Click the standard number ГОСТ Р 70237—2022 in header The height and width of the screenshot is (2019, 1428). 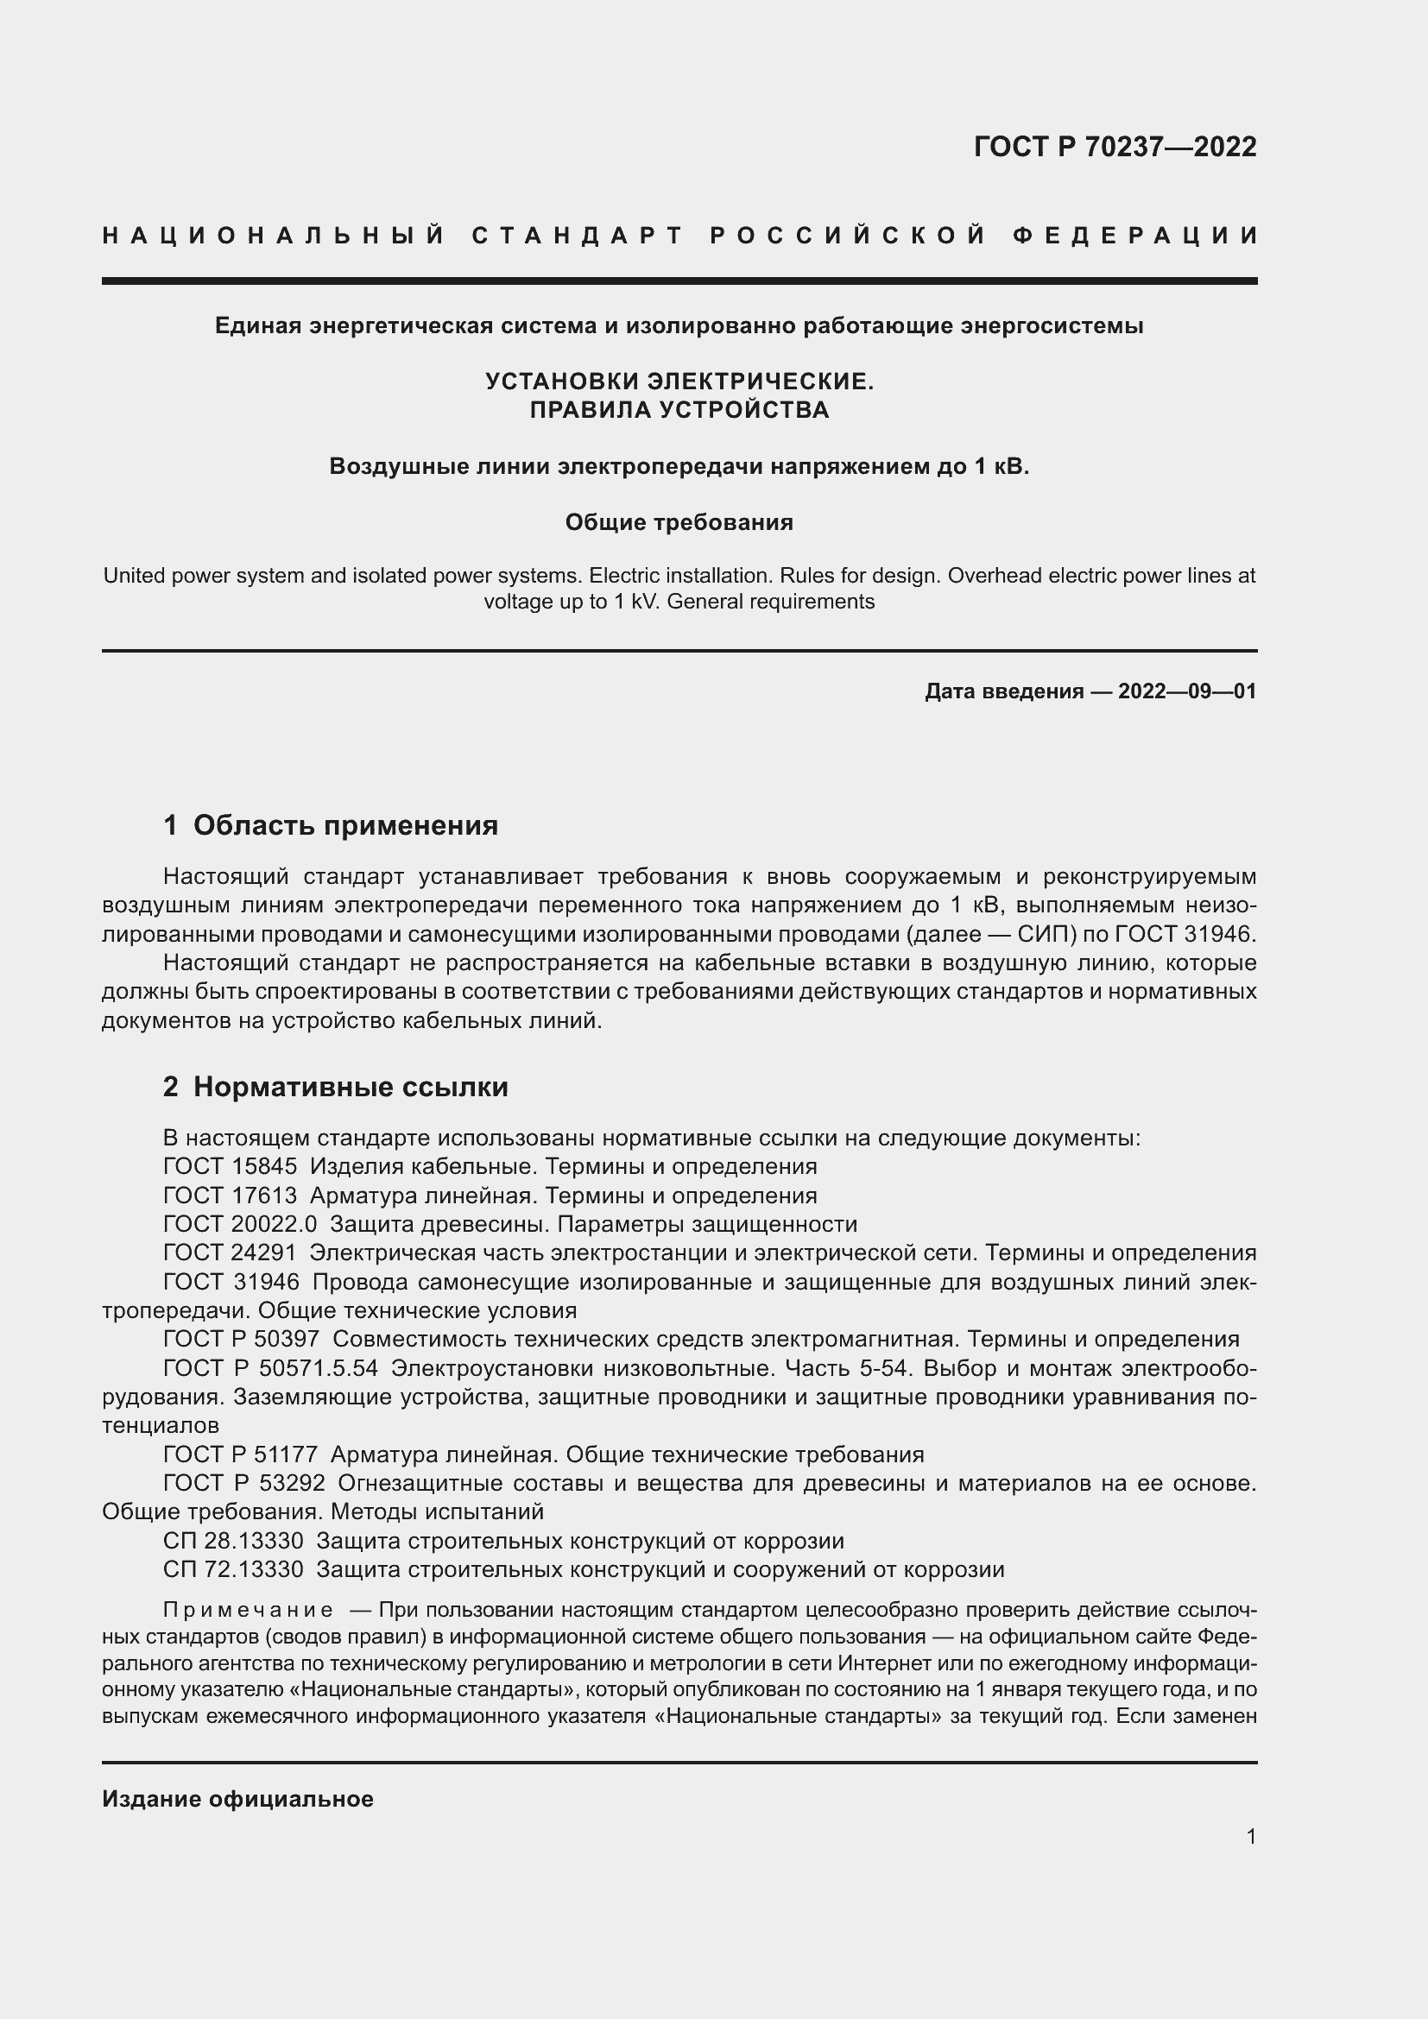pos(1114,147)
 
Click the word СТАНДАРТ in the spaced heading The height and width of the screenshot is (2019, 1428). pos(578,236)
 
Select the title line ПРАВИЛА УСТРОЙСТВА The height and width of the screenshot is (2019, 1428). pos(679,410)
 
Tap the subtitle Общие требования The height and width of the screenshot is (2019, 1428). pos(679,522)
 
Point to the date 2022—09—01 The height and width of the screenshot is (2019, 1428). pos(1187,691)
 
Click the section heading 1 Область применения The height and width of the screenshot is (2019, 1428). pos(331,825)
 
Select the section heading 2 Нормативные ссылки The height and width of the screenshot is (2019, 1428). pos(335,1087)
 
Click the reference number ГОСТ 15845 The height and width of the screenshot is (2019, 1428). pos(231,1167)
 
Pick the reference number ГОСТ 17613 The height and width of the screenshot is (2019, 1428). pos(231,1196)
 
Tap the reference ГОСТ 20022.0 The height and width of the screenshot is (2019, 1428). pos(239,1224)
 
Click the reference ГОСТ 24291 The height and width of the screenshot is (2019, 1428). pos(231,1253)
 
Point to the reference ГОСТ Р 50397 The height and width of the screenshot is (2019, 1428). pos(242,1340)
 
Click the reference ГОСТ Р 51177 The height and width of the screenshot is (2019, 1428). pos(240,1454)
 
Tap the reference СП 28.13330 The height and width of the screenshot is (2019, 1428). pos(233,1541)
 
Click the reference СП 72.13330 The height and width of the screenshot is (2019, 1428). pos(233,1569)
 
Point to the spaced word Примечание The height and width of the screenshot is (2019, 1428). pos(248,1610)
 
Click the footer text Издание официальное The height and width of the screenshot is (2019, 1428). pos(237,1799)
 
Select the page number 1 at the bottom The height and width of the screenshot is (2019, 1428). pos(1251,1837)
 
